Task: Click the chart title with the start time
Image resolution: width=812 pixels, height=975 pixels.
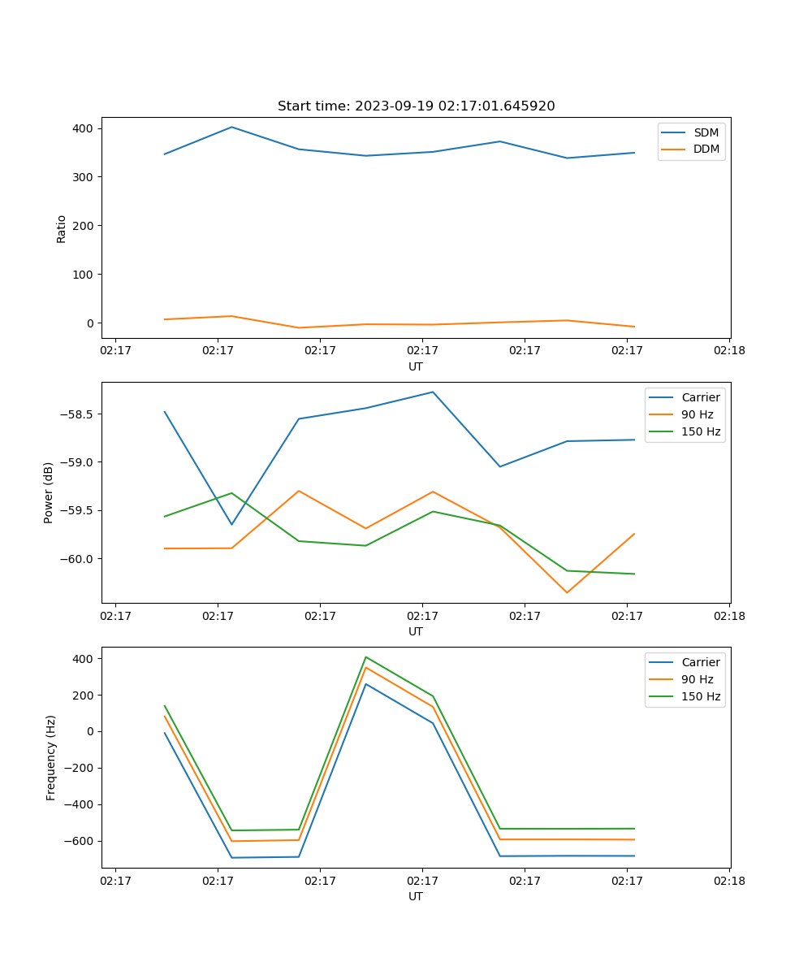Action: click(416, 106)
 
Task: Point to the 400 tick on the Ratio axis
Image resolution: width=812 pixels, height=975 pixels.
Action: click(83, 128)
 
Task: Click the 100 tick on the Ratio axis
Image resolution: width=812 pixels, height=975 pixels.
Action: click(83, 275)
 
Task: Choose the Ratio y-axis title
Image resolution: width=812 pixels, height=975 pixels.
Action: click(62, 228)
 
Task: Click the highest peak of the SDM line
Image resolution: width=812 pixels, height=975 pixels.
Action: click(231, 127)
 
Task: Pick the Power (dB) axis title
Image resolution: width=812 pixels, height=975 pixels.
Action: click(49, 492)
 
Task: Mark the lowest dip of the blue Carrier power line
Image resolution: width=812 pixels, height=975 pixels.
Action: click(231, 525)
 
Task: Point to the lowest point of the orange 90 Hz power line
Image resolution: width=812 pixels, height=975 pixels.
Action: click(567, 593)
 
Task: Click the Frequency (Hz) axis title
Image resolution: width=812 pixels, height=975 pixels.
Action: click(50, 757)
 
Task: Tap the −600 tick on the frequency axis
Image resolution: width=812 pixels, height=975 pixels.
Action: click(80, 841)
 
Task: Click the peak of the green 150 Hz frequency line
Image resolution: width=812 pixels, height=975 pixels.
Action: click(366, 656)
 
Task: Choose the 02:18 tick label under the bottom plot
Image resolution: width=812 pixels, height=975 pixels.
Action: click(728, 881)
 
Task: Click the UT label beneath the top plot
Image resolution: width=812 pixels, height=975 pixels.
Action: click(416, 366)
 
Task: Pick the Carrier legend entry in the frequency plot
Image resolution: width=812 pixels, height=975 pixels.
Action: click(700, 662)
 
